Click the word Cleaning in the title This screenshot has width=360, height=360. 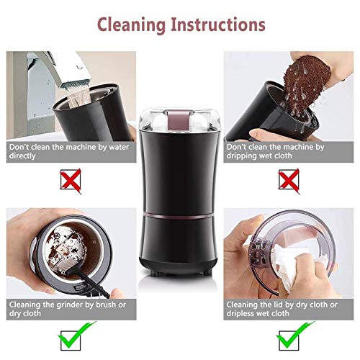[132, 25]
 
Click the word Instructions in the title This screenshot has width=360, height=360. [218, 24]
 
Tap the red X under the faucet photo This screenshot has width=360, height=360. [71, 181]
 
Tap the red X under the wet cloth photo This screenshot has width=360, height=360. [289, 181]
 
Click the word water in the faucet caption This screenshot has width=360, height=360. [119, 147]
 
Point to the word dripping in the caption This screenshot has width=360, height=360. [241, 156]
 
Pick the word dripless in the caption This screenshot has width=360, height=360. [240, 313]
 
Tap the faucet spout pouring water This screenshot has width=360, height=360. [70, 70]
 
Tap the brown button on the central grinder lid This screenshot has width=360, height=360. [179, 120]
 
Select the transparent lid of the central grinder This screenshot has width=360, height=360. [179, 120]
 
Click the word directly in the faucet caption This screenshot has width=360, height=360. [22, 156]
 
